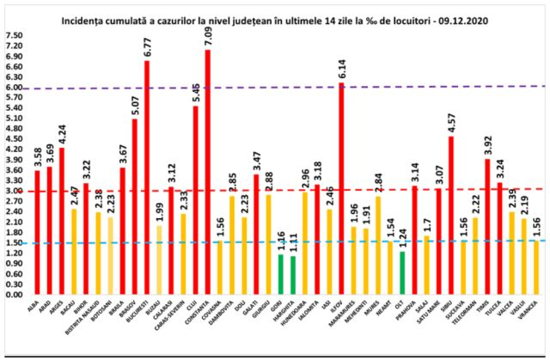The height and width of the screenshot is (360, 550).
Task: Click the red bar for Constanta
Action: pyautogui.click(x=207, y=172)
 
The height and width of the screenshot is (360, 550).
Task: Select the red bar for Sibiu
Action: pyautogui.click(x=450, y=215)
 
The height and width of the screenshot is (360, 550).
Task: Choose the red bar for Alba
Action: pyautogui.click(x=37, y=232)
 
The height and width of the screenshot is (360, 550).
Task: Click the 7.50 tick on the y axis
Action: pyautogui.click(x=15, y=36)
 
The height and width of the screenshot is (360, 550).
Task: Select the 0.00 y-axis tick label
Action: pyautogui.click(x=15, y=294)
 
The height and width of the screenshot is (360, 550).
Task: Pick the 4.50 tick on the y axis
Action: pyautogui.click(x=15, y=139)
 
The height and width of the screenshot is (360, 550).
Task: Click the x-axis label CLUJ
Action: pyautogui.click(x=195, y=307)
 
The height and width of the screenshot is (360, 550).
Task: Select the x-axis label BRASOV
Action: pyautogui.click(x=134, y=310)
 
